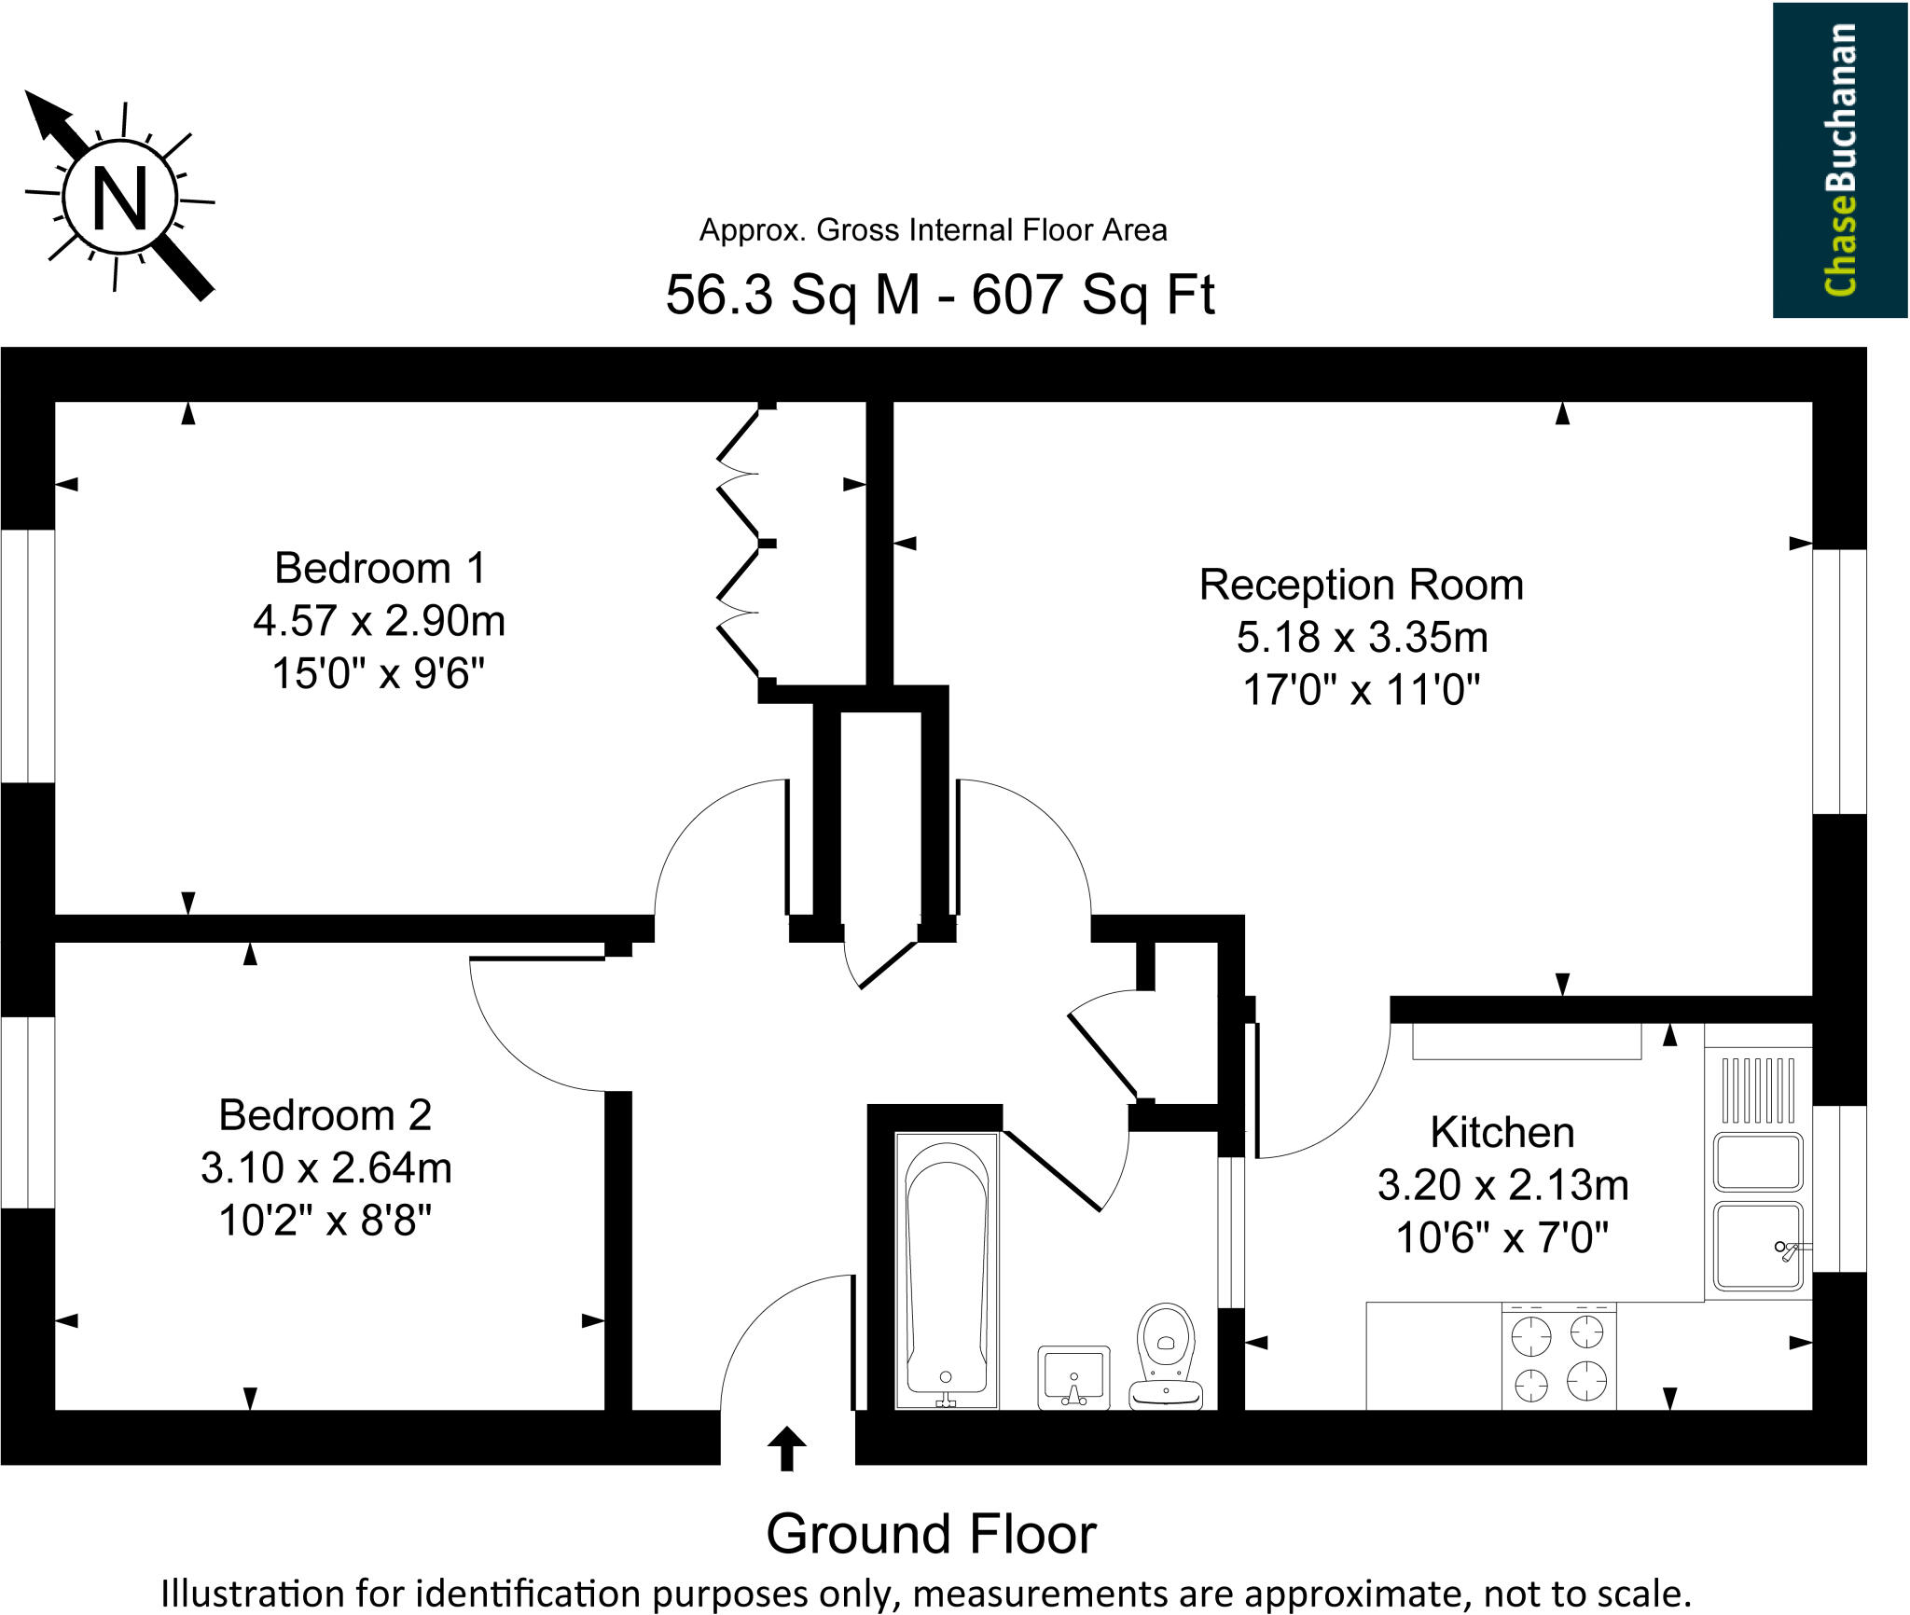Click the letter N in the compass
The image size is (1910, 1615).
click(x=120, y=199)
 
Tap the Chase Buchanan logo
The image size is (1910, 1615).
click(x=1839, y=159)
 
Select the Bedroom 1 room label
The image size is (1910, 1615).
click(x=380, y=568)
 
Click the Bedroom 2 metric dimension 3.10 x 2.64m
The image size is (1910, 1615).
click(x=326, y=1167)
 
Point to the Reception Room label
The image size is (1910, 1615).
click(x=1361, y=585)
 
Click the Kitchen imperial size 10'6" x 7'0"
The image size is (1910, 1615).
click(x=1502, y=1238)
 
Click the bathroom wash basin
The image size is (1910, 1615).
click(x=1073, y=1377)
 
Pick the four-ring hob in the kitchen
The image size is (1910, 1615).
click(x=1558, y=1358)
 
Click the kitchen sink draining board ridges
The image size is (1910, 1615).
click(x=1758, y=1089)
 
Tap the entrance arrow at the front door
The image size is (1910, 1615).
click(x=786, y=1448)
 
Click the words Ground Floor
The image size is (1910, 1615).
click(x=931, y=1534)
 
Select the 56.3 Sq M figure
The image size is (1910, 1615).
click(x=793, y=295)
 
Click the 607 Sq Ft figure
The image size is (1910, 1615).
click(x=1093, y=295)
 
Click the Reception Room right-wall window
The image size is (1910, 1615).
click(x=1839, y=681)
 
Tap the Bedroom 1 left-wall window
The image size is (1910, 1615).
click(x=27, y=656)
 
